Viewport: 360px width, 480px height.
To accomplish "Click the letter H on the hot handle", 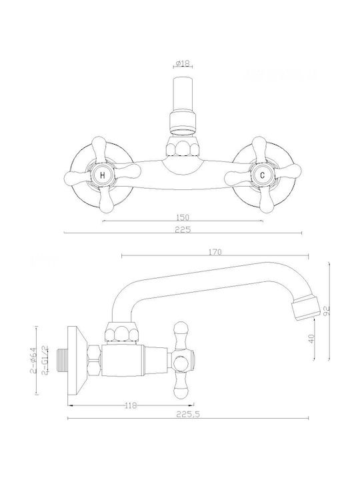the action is (x=103, y=175).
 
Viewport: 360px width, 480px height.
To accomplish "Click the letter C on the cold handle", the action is (x=263, y=175).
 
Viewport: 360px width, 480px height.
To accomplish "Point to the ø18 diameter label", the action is (x=183, y=63).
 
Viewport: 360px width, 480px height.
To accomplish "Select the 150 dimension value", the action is (x=183, y=217).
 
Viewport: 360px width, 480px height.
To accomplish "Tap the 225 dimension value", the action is (x=183, y=229).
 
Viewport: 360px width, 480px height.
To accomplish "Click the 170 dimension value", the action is (x=215, y=252).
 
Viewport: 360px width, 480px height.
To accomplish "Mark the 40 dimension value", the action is (x=311, y=339).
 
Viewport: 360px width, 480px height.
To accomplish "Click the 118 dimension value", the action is (x=131, y=405).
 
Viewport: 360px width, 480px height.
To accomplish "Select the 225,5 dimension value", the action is (x=187, y=414).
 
